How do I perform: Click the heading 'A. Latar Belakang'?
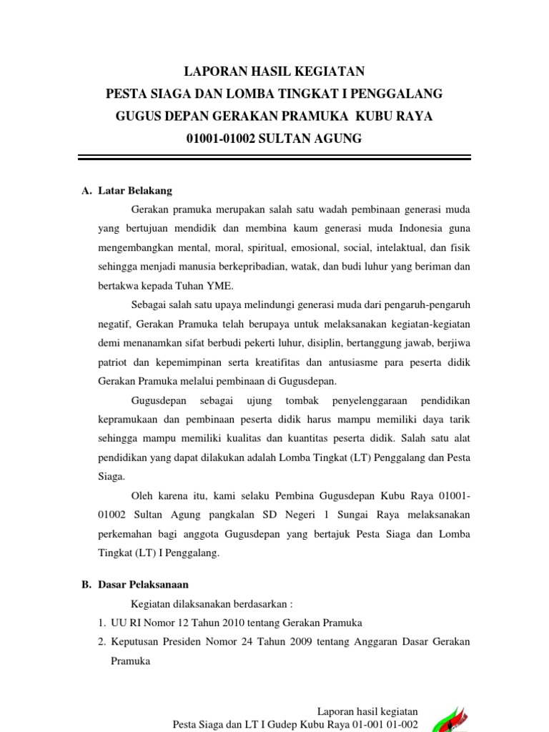click(x=127, y=191)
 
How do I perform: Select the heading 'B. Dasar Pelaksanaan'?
click(x=134, y=584)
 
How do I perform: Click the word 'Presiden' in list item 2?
click(x=184, y=641)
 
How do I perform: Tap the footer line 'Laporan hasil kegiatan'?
click(x=367, y=711)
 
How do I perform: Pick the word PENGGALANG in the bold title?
click(x=396, y=94)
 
